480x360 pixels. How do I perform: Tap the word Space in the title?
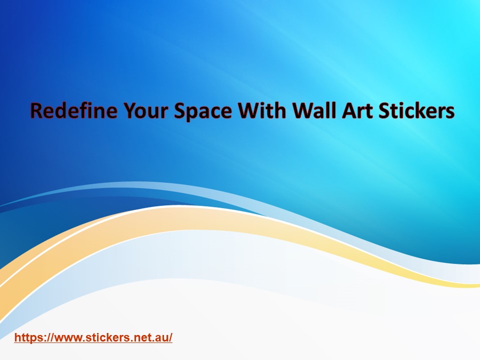pos(202,111)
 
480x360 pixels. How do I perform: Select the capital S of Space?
pos(179,111)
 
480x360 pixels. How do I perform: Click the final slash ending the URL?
pos(170,337)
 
